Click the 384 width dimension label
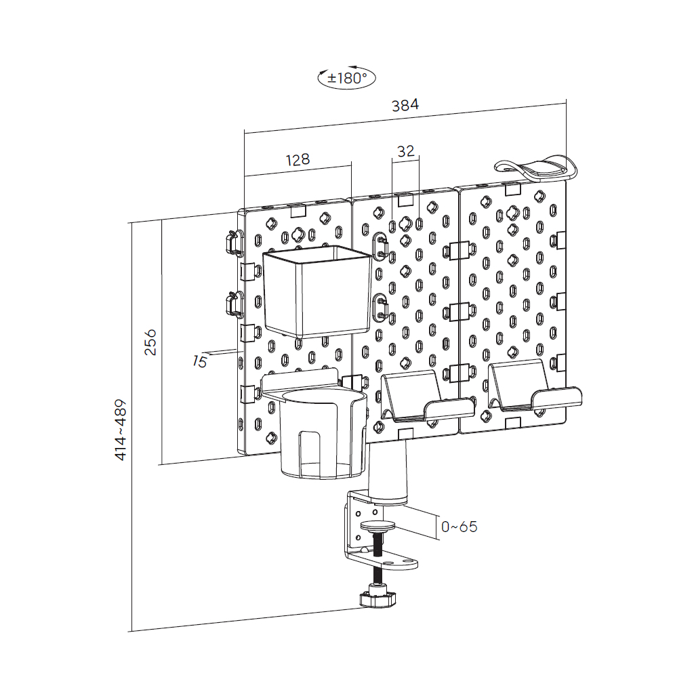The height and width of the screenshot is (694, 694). click(405, 105)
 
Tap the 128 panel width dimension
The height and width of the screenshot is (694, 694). click(298, 159)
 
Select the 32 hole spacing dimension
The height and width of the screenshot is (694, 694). click(406, 151)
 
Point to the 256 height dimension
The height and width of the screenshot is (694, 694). click(150, 342)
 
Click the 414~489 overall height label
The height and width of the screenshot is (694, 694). click(121, 430)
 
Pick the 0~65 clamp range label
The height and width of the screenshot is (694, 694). click(460, 527)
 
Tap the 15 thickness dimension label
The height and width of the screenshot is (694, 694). click(200, 362)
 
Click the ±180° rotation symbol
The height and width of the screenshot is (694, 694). click(346, 78)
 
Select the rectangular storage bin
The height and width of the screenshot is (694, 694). click(317, 291)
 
